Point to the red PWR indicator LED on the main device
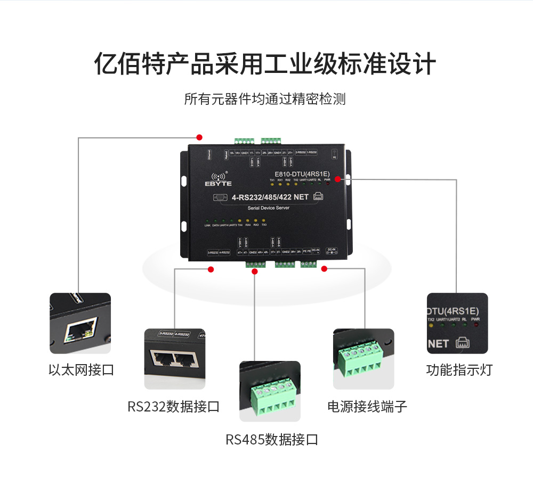coord(327,185)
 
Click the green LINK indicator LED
coord(207,220)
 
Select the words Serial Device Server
coord(269,208)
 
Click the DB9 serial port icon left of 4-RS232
coord(219,197)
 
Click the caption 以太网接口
coord(81,370)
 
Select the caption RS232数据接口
coord(173,407)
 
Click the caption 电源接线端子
coord(367,407)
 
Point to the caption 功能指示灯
coord(459,370)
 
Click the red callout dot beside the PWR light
coord(337,179)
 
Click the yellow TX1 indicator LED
coord(272,185)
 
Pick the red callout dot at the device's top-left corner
coord(199,137)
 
